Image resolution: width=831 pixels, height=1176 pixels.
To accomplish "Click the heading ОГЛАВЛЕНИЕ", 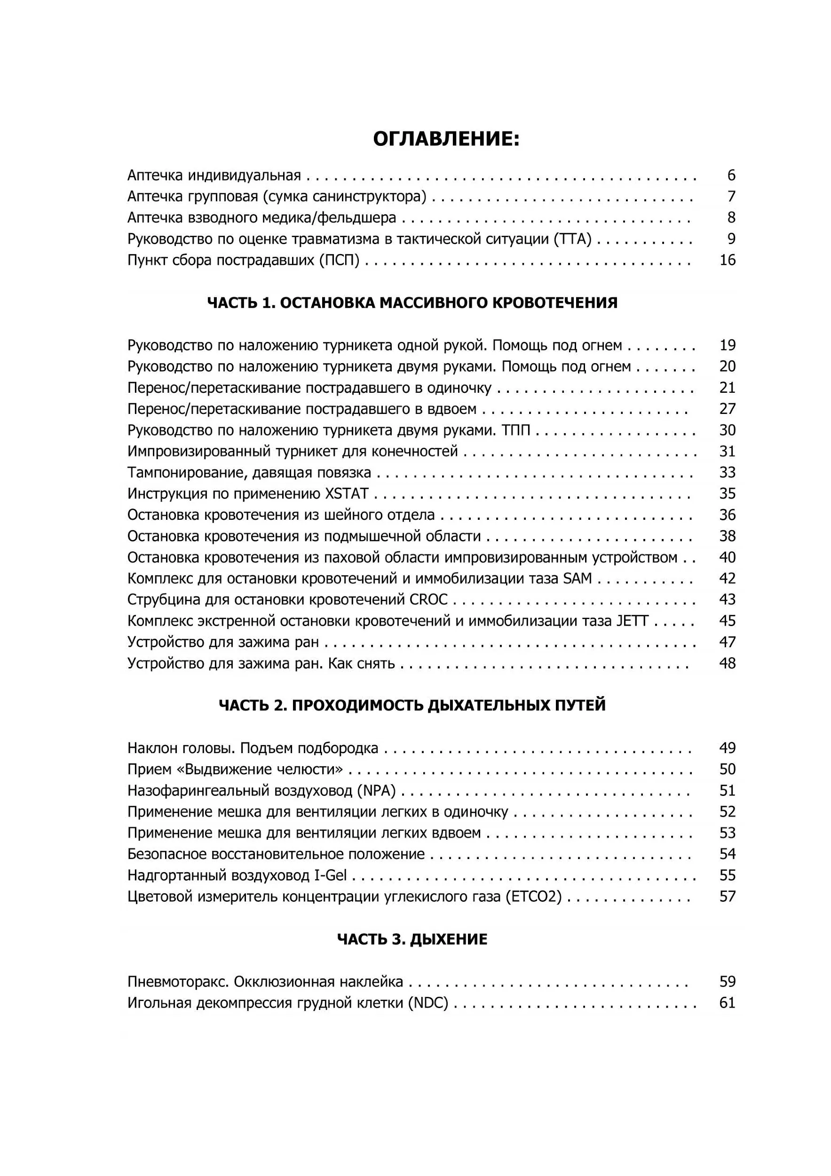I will coord(446,139).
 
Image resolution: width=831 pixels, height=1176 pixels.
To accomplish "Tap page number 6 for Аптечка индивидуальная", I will coord(731,175).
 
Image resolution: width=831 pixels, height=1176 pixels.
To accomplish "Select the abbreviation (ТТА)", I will coord(572,239).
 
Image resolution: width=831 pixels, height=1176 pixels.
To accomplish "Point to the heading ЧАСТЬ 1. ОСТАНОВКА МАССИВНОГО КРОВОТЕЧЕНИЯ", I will coord(412,303).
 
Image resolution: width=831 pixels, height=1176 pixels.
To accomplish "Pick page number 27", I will coord(727,409).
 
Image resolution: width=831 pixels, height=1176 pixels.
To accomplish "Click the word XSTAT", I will coord(347,494).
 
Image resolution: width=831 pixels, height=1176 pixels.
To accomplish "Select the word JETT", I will coord(633,621).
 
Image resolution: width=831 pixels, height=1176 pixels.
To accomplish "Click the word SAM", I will coord(577,578).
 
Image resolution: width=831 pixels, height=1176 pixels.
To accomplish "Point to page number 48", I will coord(727,663).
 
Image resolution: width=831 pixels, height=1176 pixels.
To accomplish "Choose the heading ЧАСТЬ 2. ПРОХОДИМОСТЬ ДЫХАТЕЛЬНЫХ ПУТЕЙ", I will coord(412,705).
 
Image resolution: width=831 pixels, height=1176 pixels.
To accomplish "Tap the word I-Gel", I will coord(330,875).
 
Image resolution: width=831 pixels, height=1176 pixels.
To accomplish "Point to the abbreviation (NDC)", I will coord(428,1003).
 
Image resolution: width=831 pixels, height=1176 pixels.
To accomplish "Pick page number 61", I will coord(727,1003).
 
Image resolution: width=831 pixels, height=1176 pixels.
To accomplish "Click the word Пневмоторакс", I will coord(178,982).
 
